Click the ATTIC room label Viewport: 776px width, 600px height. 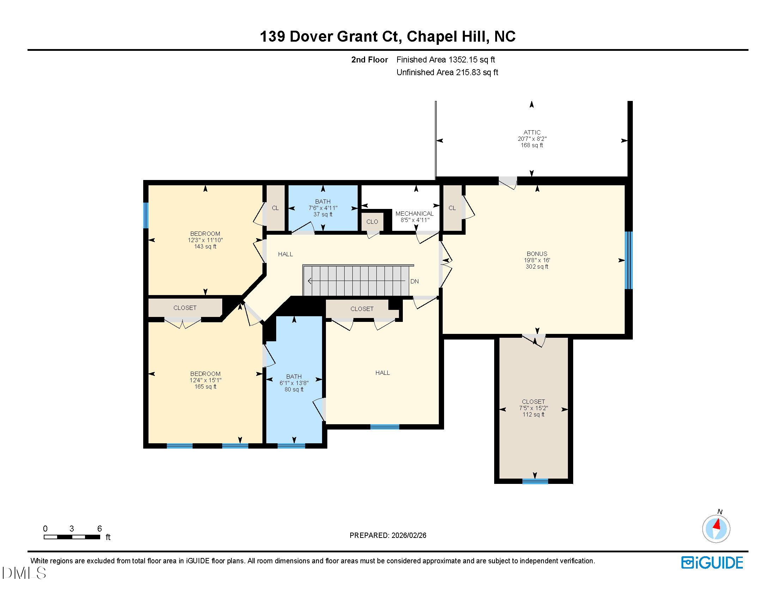coord(532,133)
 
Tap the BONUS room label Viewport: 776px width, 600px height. coord(536,254)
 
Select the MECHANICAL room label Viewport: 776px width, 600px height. coord(414,214)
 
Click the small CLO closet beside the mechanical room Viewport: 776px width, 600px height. coord(372,222)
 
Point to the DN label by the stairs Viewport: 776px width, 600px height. coord(414,281)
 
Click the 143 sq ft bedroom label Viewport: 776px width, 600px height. coord(205,240)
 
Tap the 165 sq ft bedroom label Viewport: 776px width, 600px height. coord(205,380)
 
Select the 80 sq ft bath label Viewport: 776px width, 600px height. coord(294,383)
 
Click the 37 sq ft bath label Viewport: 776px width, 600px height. coord(323,208)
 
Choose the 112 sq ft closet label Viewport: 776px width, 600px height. coord(533,408)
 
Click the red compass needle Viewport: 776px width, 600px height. coord(717,524)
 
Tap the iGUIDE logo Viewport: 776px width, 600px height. coord(712,563)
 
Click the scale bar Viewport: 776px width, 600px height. coord(72,537)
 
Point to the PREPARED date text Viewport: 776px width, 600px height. coord(388,535)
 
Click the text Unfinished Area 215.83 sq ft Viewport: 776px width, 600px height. coord(447,72)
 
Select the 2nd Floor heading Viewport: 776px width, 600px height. coord(369,60)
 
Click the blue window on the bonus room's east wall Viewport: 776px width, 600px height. coord(628,260)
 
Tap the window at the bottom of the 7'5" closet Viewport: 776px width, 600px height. coord(535,481)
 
